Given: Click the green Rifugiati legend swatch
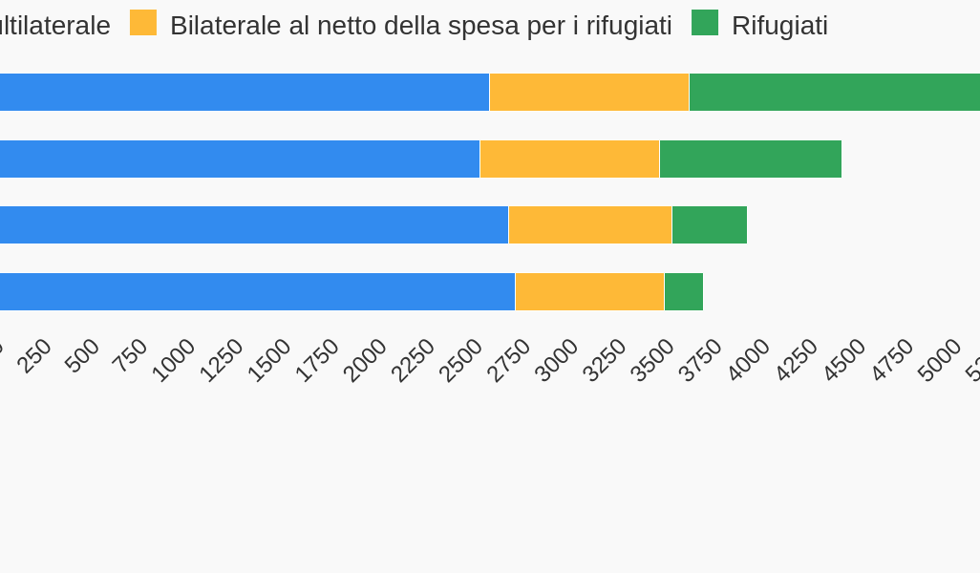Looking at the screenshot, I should [705, 23].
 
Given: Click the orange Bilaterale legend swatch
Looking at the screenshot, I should [143, 23].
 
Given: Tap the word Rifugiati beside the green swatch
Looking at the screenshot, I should [779, 26].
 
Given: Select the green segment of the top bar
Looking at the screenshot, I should [834, 92].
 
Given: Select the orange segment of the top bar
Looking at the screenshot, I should [588, 92].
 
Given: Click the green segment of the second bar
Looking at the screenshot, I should [750, 159].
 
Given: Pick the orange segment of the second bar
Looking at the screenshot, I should [569, 159].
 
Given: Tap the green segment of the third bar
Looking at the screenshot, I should [709, 224].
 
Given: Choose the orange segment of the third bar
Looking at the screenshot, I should [589, 224].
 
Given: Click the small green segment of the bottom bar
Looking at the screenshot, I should [683, 291].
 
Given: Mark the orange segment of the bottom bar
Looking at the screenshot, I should [589, 291].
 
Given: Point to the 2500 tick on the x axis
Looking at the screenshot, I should [461, 360].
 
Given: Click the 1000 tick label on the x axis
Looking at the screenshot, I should [174, 360].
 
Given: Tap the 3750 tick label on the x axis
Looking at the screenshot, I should [701, 360].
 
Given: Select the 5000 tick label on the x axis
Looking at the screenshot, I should [940, 360].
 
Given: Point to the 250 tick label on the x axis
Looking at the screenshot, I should [35, 356].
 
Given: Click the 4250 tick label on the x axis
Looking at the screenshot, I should [797, 360].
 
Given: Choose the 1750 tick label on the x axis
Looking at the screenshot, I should [317, 360].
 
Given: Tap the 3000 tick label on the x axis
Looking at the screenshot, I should [557, 360].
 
